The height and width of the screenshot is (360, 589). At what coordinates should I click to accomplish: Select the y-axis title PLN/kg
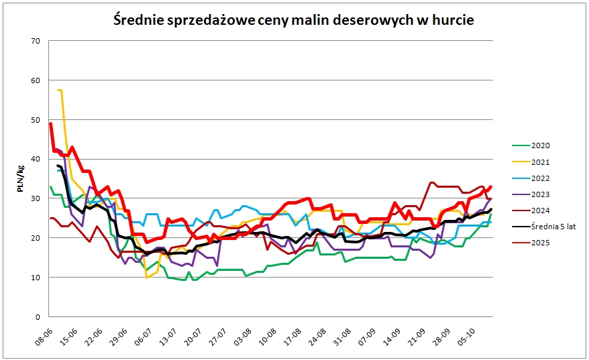click(x=21, y=179)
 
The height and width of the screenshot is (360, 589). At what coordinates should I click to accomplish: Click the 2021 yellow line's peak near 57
click(x=60, y=90)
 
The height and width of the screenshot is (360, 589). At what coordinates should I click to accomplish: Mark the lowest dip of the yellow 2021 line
click(x=147, y=277)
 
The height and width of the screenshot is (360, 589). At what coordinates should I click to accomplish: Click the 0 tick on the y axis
click(x=39, y=317)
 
